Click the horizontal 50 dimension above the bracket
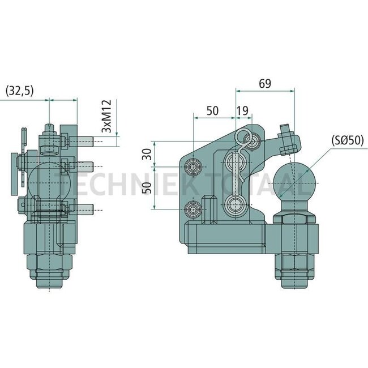[213, 111]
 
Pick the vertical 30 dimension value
[147, 154]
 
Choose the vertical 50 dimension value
[147, 189]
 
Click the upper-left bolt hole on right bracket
[194, 167]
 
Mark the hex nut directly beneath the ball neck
[293, 220]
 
